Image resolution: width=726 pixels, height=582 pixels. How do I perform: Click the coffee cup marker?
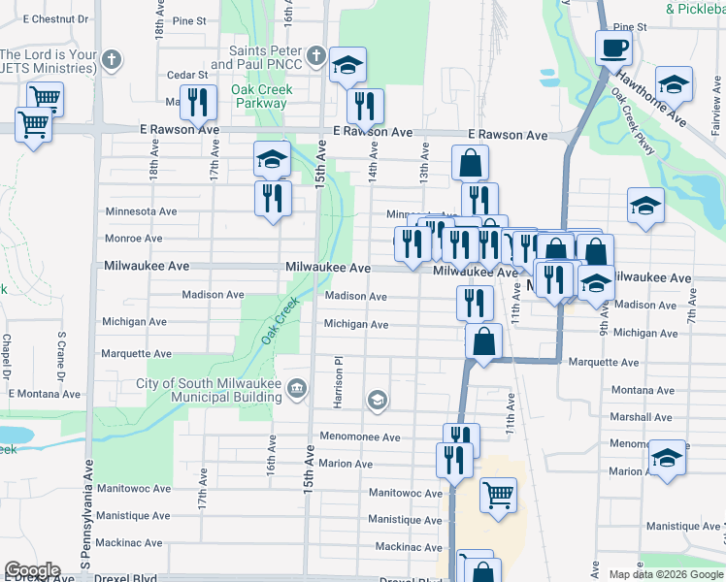[x=612, y=47]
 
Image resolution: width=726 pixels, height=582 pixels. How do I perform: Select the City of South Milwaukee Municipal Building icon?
[x=297, y=390]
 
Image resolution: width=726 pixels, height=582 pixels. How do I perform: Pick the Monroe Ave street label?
[x=134, y=238]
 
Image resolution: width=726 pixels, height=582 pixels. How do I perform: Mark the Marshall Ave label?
[x=643, y=417]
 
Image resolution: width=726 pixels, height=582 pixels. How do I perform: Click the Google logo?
[x=32, y=570]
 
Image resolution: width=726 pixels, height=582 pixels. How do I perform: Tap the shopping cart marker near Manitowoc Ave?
[x=498, y=495]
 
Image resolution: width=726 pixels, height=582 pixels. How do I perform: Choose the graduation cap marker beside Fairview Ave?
[x=674, y=82]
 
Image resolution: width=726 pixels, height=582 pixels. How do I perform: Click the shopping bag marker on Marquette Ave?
[x=483, y=340]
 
